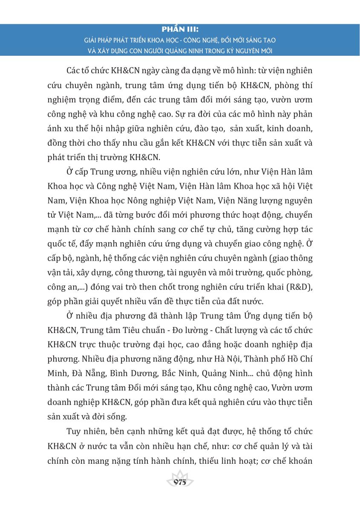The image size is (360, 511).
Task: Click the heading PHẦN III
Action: pyautogui.click(x=180, y=30)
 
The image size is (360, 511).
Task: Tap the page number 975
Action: pyautogui.click(x=180, y=482)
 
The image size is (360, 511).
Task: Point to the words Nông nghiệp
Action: pyautogui.click(x=163, y=199)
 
